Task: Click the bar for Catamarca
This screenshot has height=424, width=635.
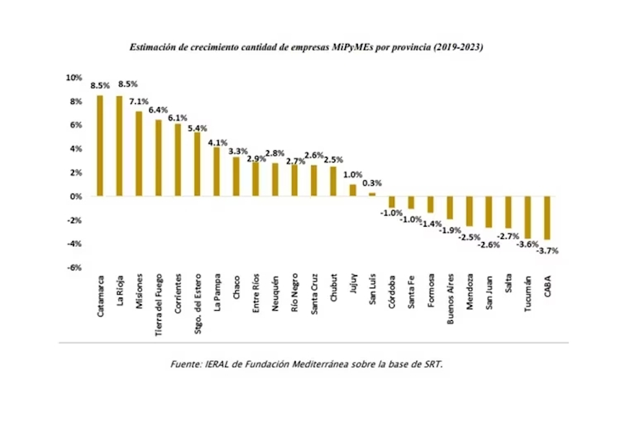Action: (x=100, y=145)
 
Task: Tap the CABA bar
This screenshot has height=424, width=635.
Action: (x=548, y=217)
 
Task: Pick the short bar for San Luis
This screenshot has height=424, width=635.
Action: (x=372, y=194)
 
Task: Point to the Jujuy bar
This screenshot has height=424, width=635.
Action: (x=353, y=190)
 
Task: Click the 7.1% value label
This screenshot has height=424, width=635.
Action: (x=139, y=102)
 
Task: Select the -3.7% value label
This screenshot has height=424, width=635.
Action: (x=548, y=251)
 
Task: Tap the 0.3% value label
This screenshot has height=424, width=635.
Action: (x=372, y=183)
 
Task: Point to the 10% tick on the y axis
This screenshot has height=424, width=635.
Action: (x=74, y=77)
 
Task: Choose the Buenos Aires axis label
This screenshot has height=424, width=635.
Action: (x=450, y=299)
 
